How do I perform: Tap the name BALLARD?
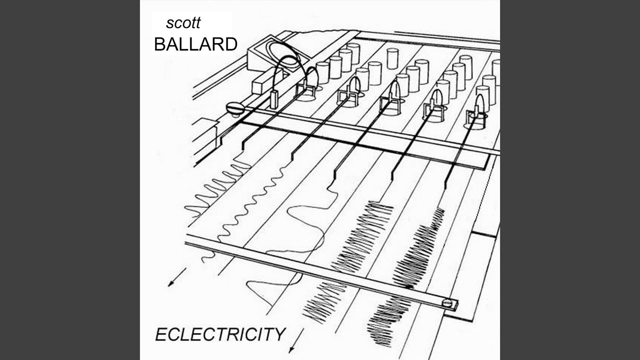[195, 44]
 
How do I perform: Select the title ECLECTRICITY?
[220, 333]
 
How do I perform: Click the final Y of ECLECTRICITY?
[279, 333]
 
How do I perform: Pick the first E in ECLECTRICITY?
[161, 334]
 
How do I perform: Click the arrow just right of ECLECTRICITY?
[292, 345]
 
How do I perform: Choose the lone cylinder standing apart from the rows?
[392, 58]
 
